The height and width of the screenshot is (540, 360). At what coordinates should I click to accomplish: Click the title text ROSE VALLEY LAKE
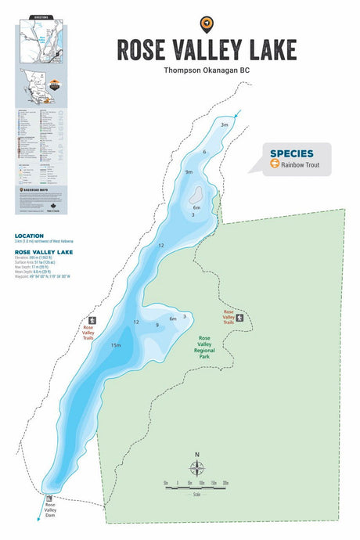[207, 49]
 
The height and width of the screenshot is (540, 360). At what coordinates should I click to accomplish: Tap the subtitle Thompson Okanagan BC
[207, 70]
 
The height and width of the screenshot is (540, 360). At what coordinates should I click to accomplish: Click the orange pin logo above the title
[207, 23]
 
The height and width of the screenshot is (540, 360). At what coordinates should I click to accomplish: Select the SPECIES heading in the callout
[292, 153]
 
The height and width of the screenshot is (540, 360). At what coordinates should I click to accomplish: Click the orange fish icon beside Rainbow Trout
[275, 164]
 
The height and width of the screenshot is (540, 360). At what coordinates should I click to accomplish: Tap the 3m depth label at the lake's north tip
[224, 125]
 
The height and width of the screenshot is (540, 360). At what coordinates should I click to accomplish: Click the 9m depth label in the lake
[189, 172]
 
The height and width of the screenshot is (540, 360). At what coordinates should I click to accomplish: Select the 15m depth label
[116, 345]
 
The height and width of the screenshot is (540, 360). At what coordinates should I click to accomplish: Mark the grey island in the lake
[196, 193]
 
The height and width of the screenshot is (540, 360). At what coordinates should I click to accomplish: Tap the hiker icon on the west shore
[92, 321]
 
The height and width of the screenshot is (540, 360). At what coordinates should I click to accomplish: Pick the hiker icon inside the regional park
[240, 318]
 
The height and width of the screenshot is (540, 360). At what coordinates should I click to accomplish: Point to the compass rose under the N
[197, 470]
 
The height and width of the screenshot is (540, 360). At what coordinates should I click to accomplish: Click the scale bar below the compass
[196, 484]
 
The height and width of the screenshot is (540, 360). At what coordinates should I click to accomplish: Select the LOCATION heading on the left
[29, 235]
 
